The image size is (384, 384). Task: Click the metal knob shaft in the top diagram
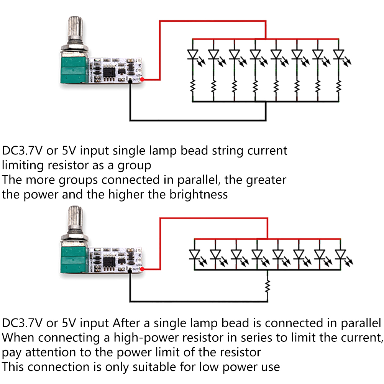click(x=74, y=30)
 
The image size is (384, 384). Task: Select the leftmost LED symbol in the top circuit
click(x=193, y=55)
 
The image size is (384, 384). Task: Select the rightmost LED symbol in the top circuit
click(x=338, y=55)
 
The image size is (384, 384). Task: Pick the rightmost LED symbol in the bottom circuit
click(x=340, y=254)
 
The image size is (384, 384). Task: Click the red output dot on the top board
click(x=143, y=79)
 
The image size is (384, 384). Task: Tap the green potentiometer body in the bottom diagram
click(x=73, y=259)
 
